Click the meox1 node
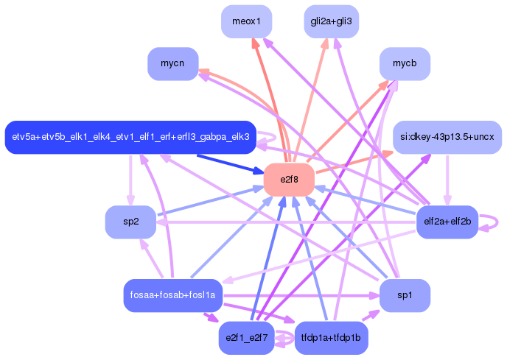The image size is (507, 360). tap(247, 21)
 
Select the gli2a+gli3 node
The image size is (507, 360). tap(331, 21)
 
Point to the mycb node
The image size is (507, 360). tap(405, 64)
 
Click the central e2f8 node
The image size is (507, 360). tap(289, 180)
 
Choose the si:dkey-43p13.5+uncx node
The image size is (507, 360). tap(447, 137)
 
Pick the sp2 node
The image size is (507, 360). tap(130, 222)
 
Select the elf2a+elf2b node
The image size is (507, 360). tap(447, 221)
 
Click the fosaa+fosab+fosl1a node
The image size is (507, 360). tap(172, 295)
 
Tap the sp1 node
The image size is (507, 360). tap(405, 295)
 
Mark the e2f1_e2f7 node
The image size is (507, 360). tap(247, 338)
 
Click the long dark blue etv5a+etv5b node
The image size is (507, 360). tap(130, 137)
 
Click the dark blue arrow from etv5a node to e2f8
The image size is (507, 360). tap(228, 163)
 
